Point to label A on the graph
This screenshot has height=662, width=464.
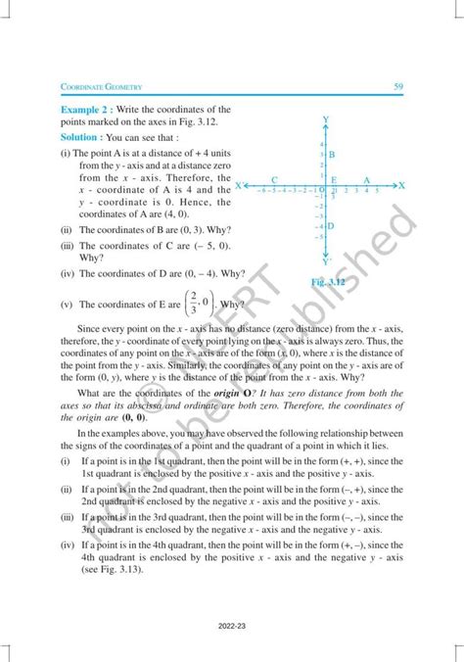366,180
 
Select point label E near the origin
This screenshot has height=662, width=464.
334,180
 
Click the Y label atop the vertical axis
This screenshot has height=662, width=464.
324,119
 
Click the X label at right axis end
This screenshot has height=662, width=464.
401,184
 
